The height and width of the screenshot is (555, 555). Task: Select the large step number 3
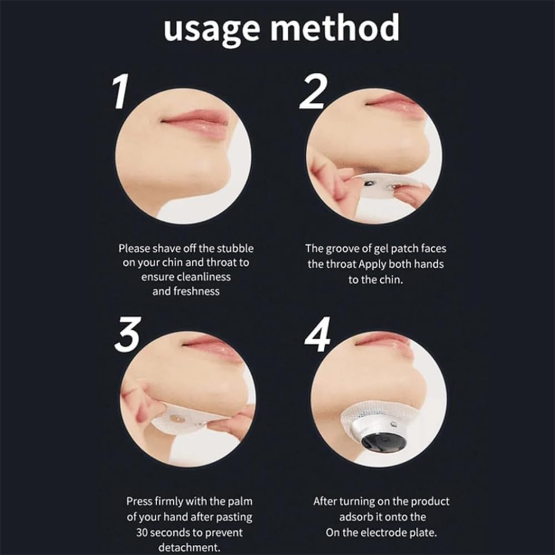click(x=128, y=335)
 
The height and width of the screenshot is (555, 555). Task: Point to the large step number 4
click(x=318, y=335)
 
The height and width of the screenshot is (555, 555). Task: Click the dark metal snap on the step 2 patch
click(x=369, y=183)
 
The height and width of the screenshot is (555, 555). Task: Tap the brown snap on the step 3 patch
click(x=177, y=419)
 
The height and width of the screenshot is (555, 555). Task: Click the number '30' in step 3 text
click(x=142, y=533)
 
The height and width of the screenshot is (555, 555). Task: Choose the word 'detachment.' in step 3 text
click(x=189, y=548)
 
